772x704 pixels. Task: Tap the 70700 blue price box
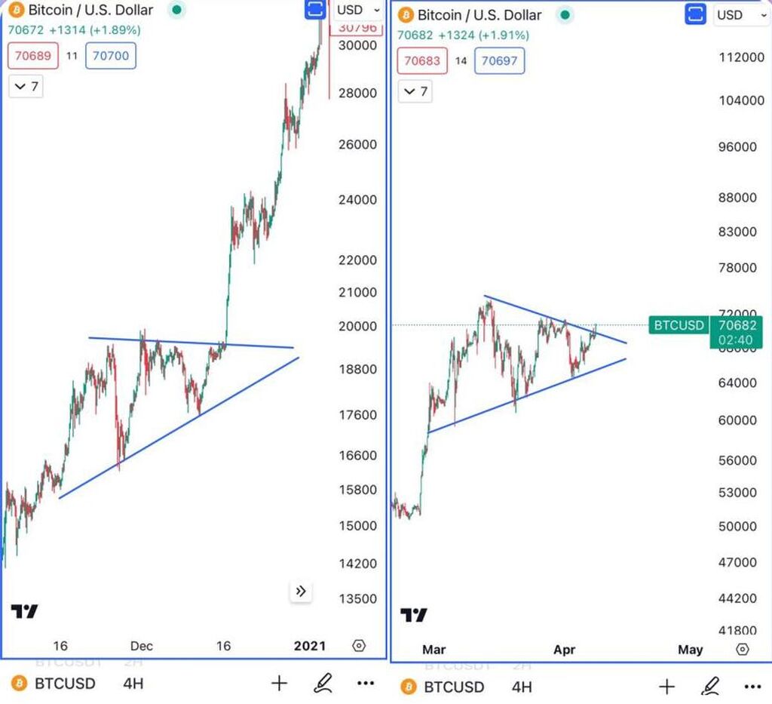(x=111, y=56)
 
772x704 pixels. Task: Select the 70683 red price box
(x=422, y=60)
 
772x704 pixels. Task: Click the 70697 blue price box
(x=499, y=60)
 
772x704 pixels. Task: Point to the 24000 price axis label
(x=357, y=200)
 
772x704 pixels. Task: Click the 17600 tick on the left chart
(x=357, y=415)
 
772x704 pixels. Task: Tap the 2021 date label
(x=310, y=646)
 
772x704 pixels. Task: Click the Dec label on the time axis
(x=141, y=646)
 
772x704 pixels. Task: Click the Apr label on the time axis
(x=564, y=649)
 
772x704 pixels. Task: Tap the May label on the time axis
(x=691, y=649)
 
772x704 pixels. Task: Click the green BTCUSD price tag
(x=679, y=325)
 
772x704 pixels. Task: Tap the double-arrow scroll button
(x=301, y=592)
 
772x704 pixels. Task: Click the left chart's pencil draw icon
(x=323, y=684)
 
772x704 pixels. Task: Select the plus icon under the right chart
(x=666, y=687)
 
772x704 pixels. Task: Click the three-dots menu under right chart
(x=752, y=687)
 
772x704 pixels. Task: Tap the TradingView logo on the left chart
(x=24, y=611)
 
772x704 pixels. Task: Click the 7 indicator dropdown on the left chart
(x=26, y=87)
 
